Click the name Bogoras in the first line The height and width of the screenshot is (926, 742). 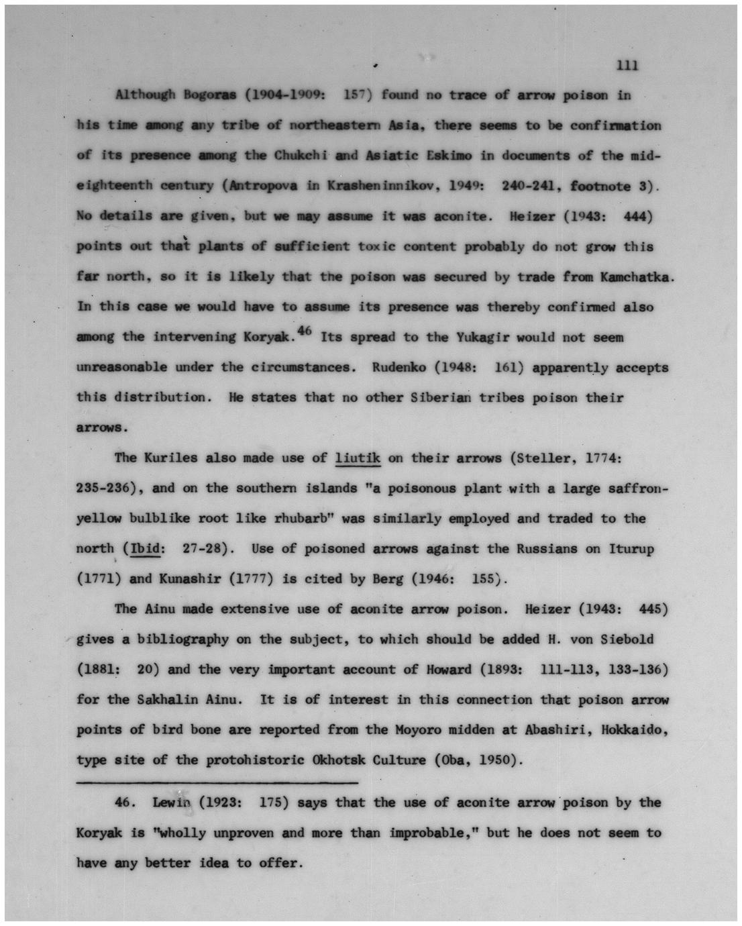(209, 95)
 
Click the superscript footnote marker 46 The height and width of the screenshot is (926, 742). (306, 329)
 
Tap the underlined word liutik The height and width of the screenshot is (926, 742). (358, 458)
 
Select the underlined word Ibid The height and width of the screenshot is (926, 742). (146, 549)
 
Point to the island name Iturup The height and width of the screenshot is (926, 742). (631, 549)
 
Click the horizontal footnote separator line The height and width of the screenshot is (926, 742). (217, 782)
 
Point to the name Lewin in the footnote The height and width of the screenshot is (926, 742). (172, 803)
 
